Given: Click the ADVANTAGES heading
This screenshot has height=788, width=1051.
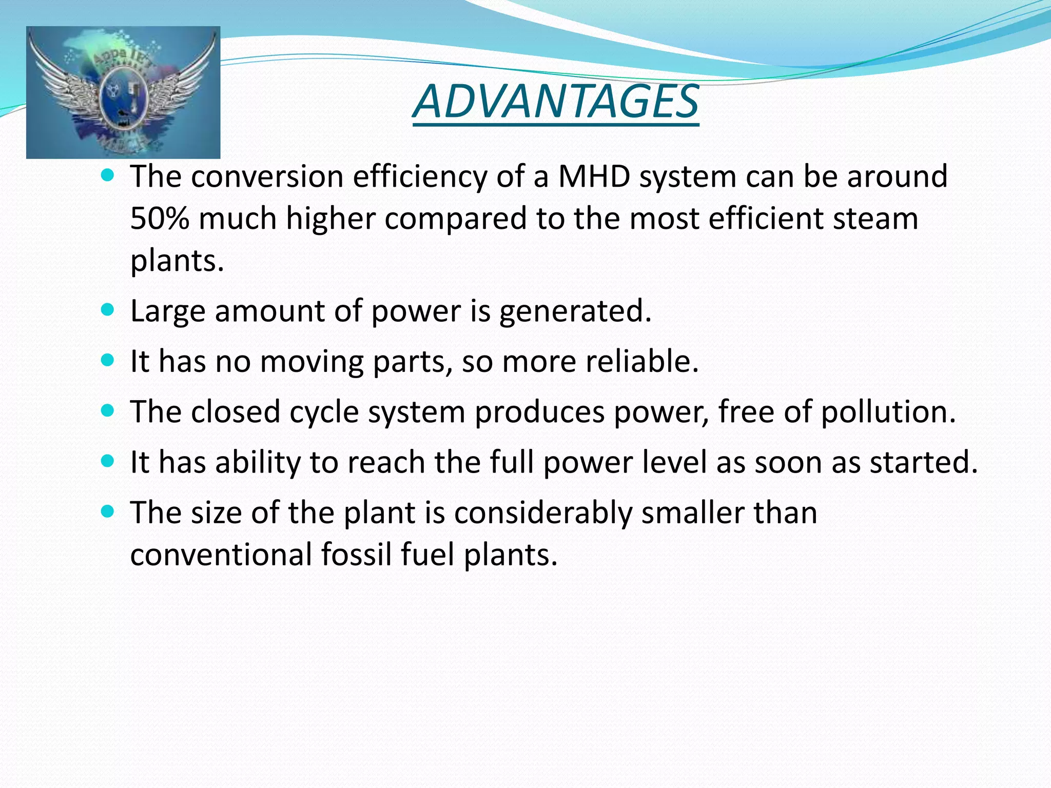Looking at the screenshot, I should point(555,101).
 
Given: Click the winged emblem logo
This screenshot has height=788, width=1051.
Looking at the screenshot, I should point(123,93).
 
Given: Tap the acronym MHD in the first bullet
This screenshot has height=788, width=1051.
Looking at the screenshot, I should point(594,177).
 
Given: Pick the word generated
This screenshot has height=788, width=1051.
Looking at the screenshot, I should point(575,311).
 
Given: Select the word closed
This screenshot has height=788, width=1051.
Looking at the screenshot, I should point(236,412).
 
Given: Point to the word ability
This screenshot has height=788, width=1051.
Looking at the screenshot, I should point(257,462).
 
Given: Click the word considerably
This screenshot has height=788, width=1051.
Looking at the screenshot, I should point(543,513).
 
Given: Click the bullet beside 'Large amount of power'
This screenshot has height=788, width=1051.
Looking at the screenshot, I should point(107,310).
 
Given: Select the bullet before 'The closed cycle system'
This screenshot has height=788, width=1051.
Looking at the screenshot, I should point(107,410).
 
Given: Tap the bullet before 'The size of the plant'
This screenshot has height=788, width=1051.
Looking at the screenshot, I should point(107,511).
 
